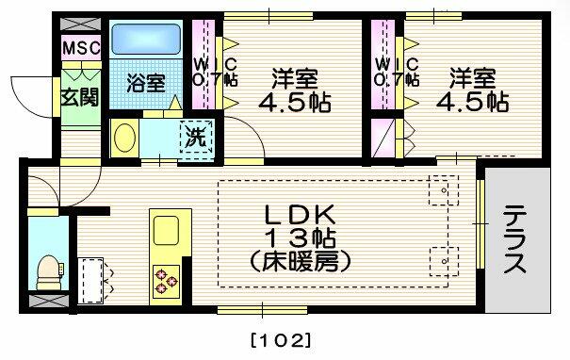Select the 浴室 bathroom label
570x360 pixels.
coord(146,82)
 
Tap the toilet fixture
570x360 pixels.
coord(45,270)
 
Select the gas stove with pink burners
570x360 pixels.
coord(166,280)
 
